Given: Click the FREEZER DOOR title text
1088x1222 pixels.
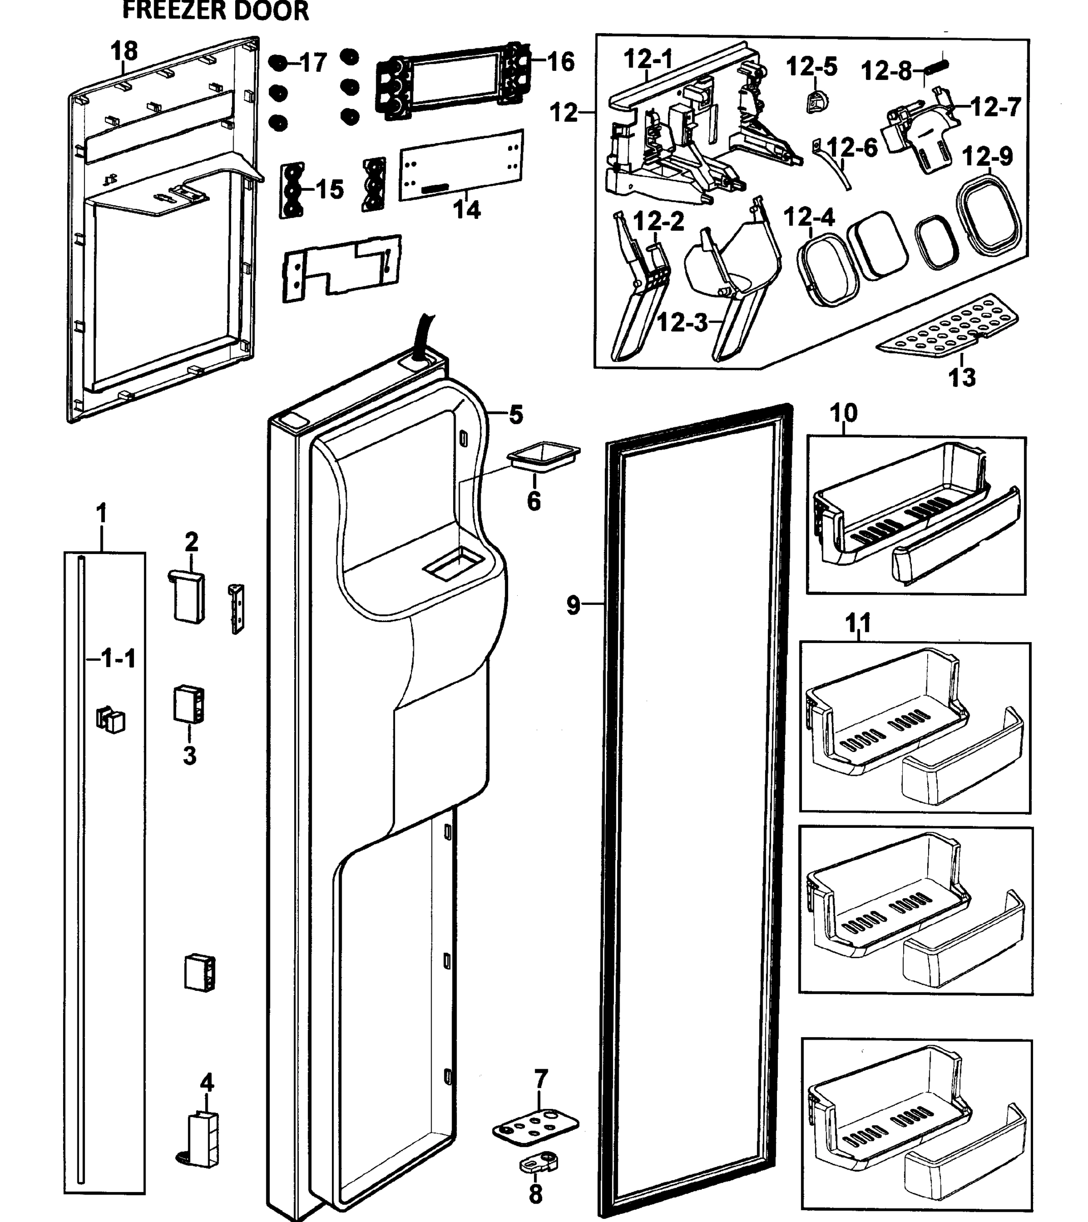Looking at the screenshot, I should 215,11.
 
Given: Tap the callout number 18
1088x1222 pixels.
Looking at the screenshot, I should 124,51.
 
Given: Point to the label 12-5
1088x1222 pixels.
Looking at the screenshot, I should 811,67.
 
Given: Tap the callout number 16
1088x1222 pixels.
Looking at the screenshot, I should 560,62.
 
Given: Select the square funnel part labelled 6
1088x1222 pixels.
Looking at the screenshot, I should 543,456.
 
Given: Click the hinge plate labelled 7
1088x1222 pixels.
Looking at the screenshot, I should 536,1126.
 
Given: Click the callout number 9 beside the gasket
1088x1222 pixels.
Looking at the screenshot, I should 573,605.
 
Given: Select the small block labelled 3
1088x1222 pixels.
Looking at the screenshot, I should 189,704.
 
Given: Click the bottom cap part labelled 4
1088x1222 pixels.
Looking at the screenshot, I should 202,1139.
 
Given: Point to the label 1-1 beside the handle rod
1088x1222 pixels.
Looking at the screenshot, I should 118,659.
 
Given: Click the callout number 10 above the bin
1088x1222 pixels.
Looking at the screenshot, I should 844,412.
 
